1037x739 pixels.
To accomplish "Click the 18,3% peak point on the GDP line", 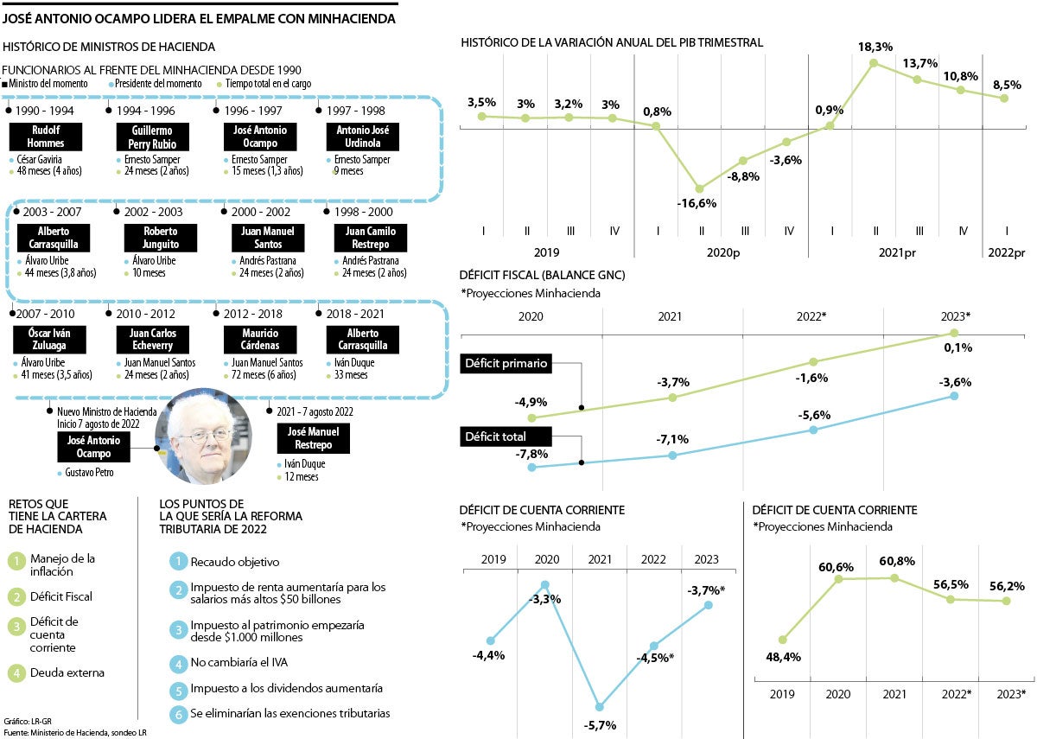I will (874, 62).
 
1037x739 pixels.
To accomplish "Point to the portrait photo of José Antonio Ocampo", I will (204, 437).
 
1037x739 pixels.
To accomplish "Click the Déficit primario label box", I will (506, 364).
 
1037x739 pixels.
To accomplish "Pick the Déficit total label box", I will (495, 436).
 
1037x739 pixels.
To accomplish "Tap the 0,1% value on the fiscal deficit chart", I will (958, 347).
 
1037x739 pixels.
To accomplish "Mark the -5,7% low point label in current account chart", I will (600, 724).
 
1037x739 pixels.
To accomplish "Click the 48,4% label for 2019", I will (783, 657).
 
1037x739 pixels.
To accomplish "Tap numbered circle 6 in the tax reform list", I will (177, 714).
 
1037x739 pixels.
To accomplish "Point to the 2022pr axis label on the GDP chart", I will (1006, 252).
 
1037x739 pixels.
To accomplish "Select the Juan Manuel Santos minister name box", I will (267, 238).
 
